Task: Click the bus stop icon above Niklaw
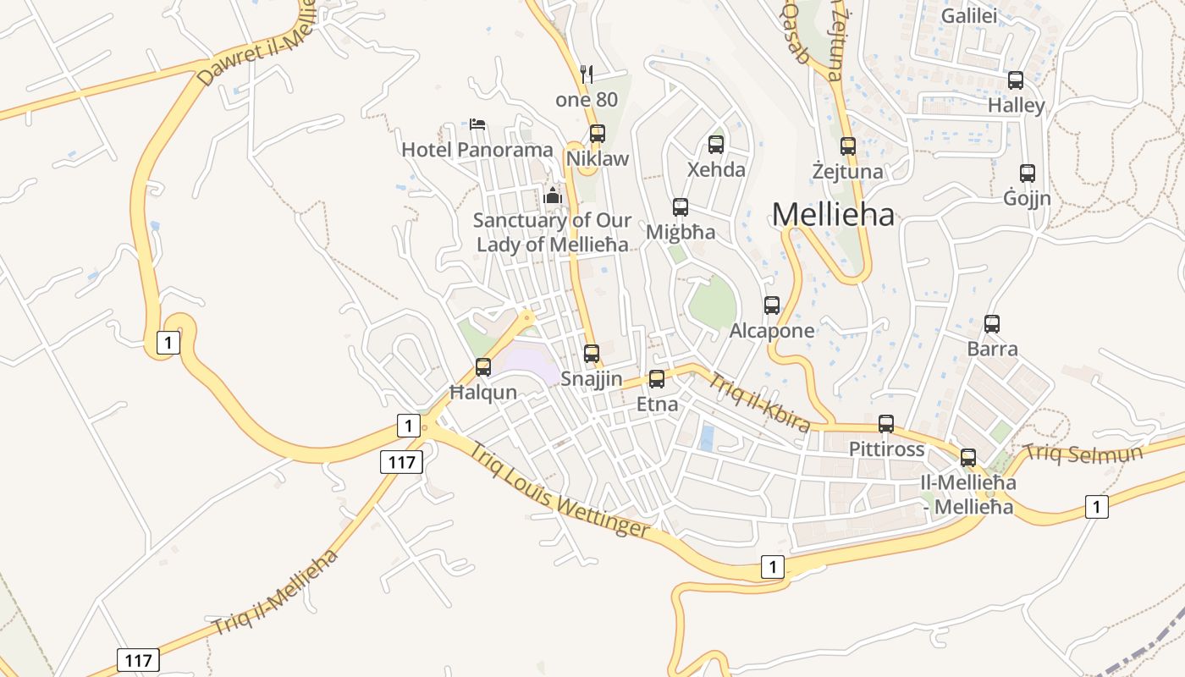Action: [598, 134]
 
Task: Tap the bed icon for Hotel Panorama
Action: [477, 124]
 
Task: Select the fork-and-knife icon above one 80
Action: [587, 74]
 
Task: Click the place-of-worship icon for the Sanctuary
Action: [554, 195]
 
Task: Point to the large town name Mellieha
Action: [833, 215]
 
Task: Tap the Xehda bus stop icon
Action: [716, 145]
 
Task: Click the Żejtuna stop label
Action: [847, 172]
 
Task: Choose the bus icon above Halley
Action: [1016, 80]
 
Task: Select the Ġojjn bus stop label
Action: [1027, 199]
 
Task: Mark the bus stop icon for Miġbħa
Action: [681, 207]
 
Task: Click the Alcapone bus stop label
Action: [772, 331]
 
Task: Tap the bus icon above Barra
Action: [992, 324]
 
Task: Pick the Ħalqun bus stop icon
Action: [483, 367]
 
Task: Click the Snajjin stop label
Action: [592, 379]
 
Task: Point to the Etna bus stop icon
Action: [657, 379]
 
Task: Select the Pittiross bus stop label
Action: [886, 449]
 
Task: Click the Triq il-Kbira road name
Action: [758, 403]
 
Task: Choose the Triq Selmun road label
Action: [1083, 453]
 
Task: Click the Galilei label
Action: [969, 16]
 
